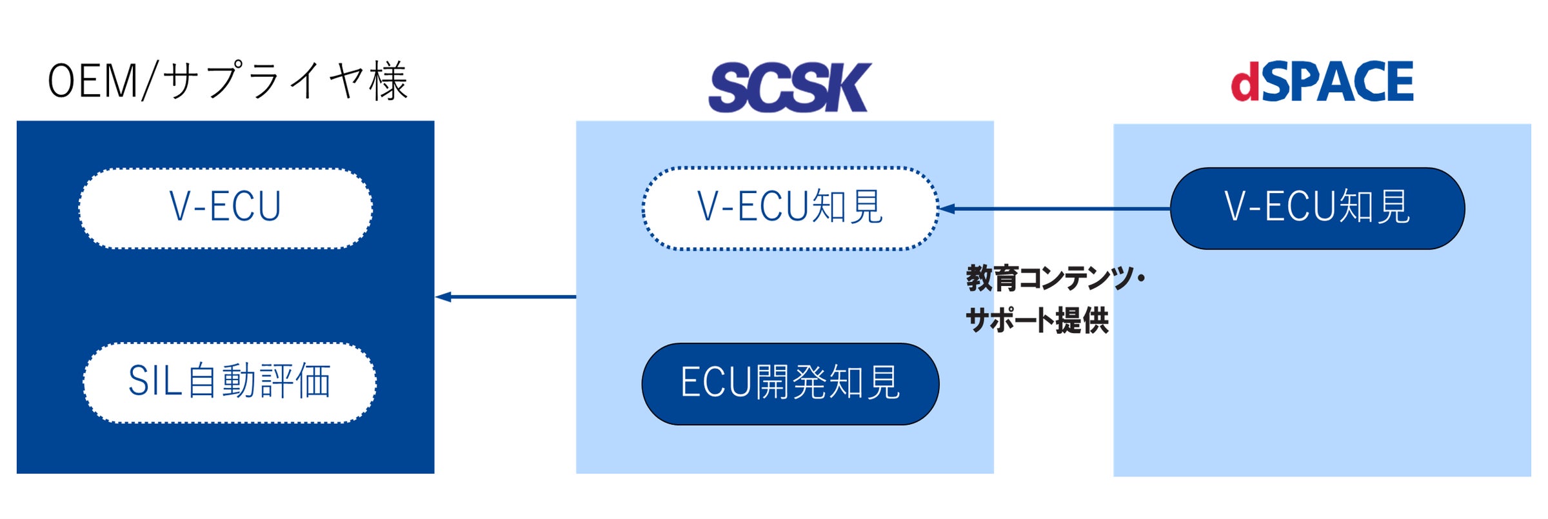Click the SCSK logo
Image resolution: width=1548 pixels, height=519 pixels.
click(x=789, y=88)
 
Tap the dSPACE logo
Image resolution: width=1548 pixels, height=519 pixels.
click(x=1322, y=82)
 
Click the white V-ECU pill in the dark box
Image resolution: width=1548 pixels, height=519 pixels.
click(x=225, y=208)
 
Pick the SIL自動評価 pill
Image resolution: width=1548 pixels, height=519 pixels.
click(x=229, y=382)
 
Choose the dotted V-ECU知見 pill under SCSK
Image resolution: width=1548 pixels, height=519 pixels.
click(x=789, y=208)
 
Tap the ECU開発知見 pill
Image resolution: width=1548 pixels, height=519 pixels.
click(x=789, y=383)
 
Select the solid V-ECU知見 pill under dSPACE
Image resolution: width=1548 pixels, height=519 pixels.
click(x=1317, y=208)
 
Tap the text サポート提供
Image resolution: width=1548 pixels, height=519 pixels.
click(x=1037, y=320)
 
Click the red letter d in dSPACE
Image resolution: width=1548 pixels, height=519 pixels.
click(x=1245, y=83)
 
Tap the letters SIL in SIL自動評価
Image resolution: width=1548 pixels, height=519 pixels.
click(x=155, y=381)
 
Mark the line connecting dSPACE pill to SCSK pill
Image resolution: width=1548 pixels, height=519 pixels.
click(x=1058, y=209)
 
